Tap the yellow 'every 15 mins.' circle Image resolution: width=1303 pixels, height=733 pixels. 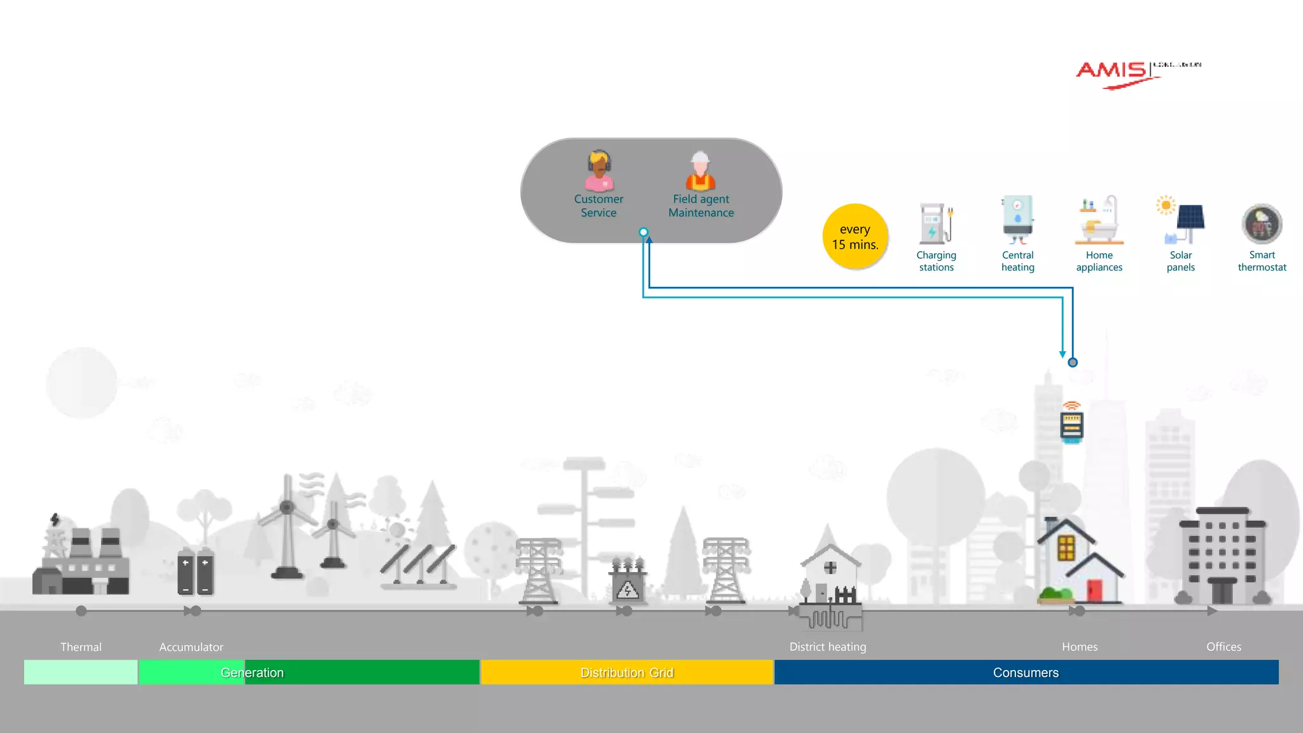tap(854, 237)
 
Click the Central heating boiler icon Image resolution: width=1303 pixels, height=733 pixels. tap(1017, 220)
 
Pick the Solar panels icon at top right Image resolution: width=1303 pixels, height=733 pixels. tap(1181, 220)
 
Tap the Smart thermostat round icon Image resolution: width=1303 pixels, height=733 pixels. tap(1262, 224)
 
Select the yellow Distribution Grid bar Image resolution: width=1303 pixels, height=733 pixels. tap(627, 673)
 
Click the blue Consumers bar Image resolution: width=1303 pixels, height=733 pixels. tap(1026, 673)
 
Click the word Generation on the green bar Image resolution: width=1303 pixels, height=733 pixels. tap(252, 673)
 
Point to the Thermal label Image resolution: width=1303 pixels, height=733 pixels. tap(81, 647)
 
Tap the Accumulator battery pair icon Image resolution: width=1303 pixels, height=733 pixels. tap(195, 571)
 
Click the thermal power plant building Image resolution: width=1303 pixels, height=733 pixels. tap(81, 560)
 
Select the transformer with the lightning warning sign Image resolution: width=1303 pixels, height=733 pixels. tap(627, 582)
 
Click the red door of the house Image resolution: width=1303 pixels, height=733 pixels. tap(1094, 590)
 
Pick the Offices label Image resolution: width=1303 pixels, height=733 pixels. tap(1223, 647)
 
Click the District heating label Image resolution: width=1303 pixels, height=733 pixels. tap(827, 647)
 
